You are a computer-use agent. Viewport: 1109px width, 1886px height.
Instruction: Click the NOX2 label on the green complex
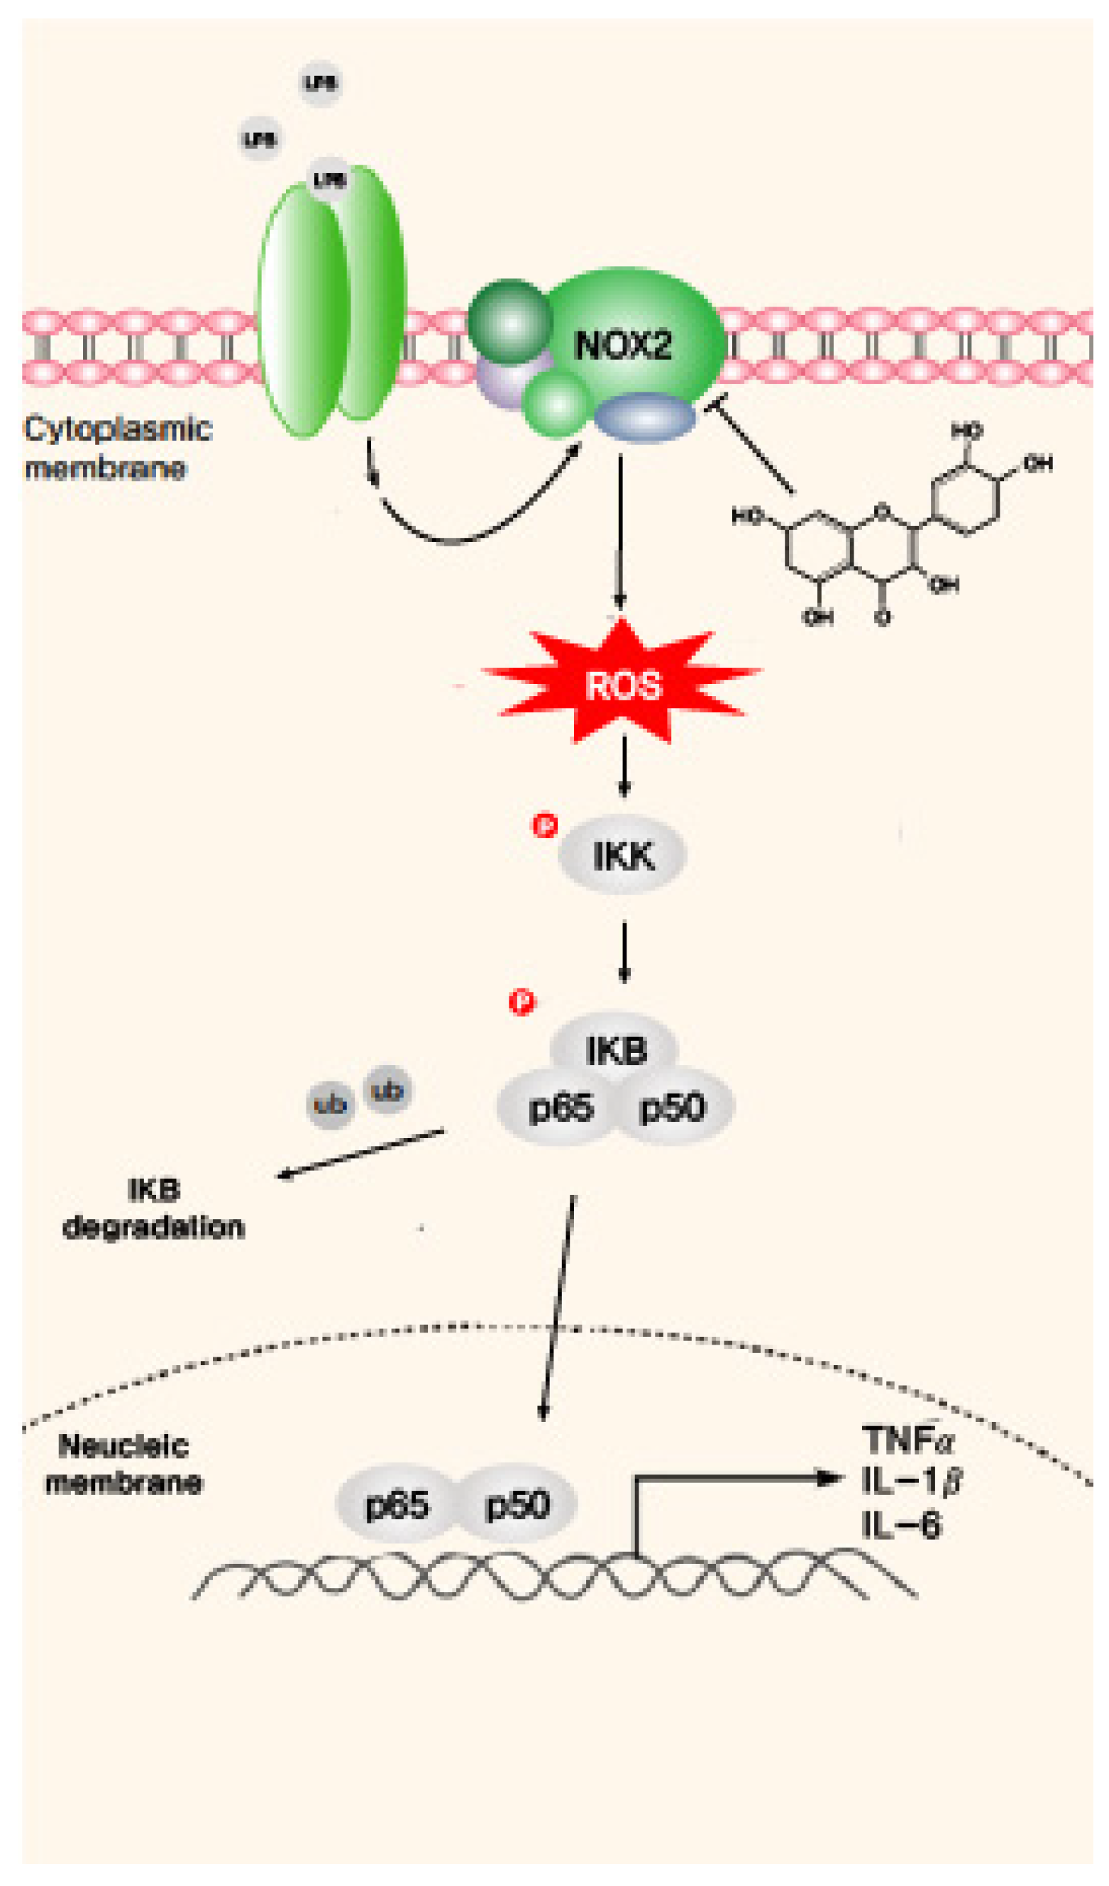click(622, 346)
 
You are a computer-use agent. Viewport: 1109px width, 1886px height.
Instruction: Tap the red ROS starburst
click(622, 685)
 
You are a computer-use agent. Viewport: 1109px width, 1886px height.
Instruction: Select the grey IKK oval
click(622, 855)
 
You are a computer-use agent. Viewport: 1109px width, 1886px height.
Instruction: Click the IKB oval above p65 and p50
click(615, 1049)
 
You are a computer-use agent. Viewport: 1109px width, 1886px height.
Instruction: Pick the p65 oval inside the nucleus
click(397, 1504)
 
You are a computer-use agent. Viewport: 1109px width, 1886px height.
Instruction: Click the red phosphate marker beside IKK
click(545, 825)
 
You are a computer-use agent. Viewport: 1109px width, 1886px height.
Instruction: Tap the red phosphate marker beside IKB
click(522, 1002)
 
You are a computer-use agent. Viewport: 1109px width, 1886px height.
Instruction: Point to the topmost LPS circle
click(321, 82)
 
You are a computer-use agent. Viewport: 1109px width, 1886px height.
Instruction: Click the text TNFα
click(907, 1438)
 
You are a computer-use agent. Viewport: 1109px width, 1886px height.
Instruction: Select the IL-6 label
click(900, 1526)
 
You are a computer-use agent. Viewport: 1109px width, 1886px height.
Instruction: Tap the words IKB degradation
click(153, 1208)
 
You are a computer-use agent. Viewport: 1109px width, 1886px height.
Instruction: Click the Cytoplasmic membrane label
click(118, 448)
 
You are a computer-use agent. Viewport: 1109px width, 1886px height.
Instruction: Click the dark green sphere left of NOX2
click(510, 322)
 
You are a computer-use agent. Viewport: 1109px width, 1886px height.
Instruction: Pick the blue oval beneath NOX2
click(645, 418)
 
